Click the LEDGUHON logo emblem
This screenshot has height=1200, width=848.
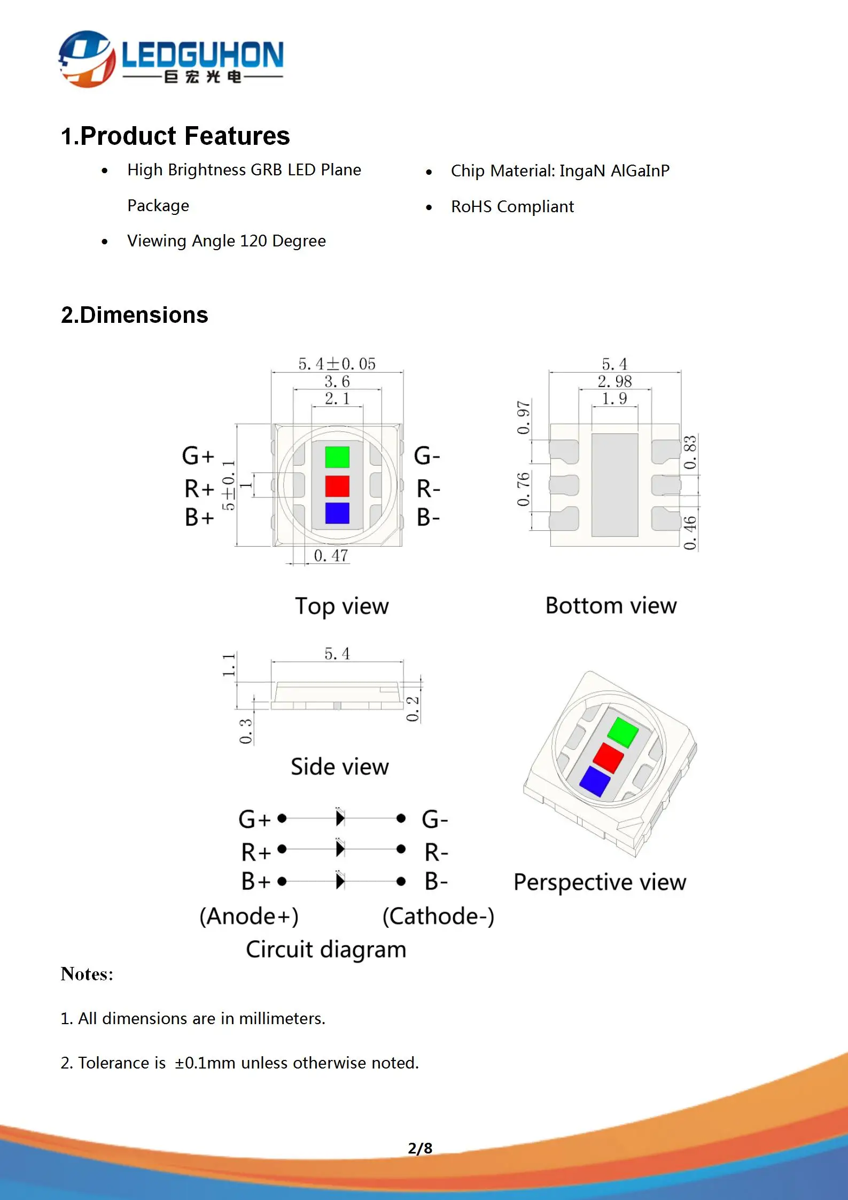tap(87, 59)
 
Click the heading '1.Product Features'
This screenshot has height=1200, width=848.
tap(175, 136)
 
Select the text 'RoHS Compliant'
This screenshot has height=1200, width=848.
tap(512, 207)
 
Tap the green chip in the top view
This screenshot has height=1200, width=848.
tap(337, 457)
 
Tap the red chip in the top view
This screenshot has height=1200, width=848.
tap(337, 486)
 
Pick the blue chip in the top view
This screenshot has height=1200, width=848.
tap(337, 513)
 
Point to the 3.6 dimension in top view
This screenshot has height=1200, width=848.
tap(337, 382)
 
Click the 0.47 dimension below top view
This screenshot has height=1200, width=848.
tap(331, 556)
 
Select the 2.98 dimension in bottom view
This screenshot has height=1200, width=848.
tap(614, 382)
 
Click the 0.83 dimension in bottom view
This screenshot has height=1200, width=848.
tap(690, 452)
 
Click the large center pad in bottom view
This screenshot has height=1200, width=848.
tap(614, 485)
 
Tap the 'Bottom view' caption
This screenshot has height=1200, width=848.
tap(611, 606)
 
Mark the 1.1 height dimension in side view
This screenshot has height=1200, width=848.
tap(229, 664)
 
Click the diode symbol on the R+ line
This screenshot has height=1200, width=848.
tap(340, 849)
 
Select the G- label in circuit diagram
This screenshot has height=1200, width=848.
tap(434, 819)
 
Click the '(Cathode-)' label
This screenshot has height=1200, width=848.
tap(438, 916)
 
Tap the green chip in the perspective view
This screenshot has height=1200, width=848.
tap(623, 732)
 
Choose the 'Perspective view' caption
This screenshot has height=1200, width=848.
tap(600, 882)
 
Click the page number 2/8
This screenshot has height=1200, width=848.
tap(420, 1148)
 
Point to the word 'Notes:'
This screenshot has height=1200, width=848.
tap(87, 974)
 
